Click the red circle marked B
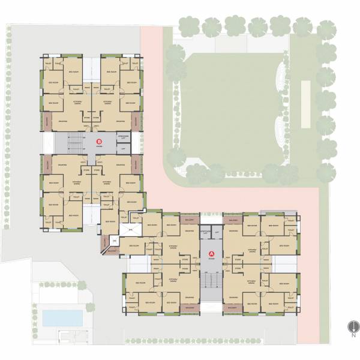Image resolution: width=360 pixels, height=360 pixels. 99,142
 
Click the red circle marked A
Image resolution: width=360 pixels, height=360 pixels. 211,253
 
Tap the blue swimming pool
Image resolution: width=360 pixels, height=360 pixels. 62,316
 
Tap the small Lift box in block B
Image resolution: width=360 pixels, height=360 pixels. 122,149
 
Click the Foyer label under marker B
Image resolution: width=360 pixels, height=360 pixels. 99,148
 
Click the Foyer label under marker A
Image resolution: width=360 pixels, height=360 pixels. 211,260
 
